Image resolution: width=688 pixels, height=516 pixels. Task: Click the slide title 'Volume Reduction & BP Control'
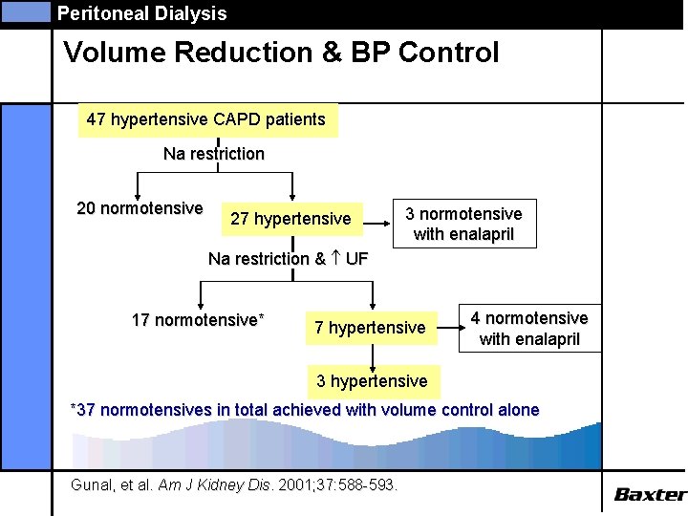coord(281,53)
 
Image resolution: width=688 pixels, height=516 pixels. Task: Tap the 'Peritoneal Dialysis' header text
coord(141,13)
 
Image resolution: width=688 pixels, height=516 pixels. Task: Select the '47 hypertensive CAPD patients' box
coord(206,120)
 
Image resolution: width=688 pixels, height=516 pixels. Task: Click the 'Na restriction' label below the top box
coord(214,154)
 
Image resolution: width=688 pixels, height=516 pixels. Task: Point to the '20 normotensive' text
coord(140,208)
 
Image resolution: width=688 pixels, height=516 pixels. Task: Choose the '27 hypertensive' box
coord(290,219)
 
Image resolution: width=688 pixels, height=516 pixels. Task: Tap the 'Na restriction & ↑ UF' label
coord(288,258)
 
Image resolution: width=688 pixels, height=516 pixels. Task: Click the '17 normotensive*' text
coord(198,320)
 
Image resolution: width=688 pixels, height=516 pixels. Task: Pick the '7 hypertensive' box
coord(370,328)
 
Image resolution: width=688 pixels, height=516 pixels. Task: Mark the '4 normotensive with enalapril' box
coord(529,328)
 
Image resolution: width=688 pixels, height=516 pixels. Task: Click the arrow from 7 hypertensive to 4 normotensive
coord(450,328)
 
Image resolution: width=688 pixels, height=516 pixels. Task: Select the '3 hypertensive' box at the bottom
coord(372,381)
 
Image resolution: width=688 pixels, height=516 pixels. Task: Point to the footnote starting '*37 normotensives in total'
coord(306,410)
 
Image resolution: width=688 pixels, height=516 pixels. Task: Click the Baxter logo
coord(649,494)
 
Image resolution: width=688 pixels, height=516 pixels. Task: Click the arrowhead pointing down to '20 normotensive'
coord(139,193)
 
